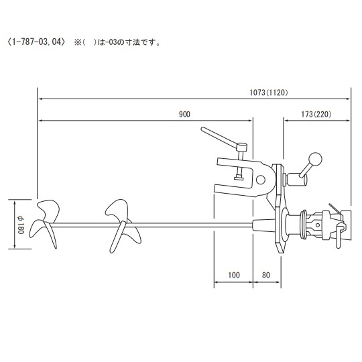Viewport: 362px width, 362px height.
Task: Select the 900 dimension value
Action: [x=184, y=113]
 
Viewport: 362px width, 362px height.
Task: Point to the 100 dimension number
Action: [x=233, y=274]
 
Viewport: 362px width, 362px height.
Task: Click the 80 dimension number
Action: [x=266, y=274]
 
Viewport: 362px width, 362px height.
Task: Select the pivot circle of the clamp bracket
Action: [x=263, y=178]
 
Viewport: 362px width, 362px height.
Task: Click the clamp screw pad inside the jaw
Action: [x=238, y=178]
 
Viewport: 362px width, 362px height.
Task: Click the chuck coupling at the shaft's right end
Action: [x=328, y=224]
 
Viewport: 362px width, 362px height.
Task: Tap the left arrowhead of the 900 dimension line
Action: [x=40, y=121]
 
